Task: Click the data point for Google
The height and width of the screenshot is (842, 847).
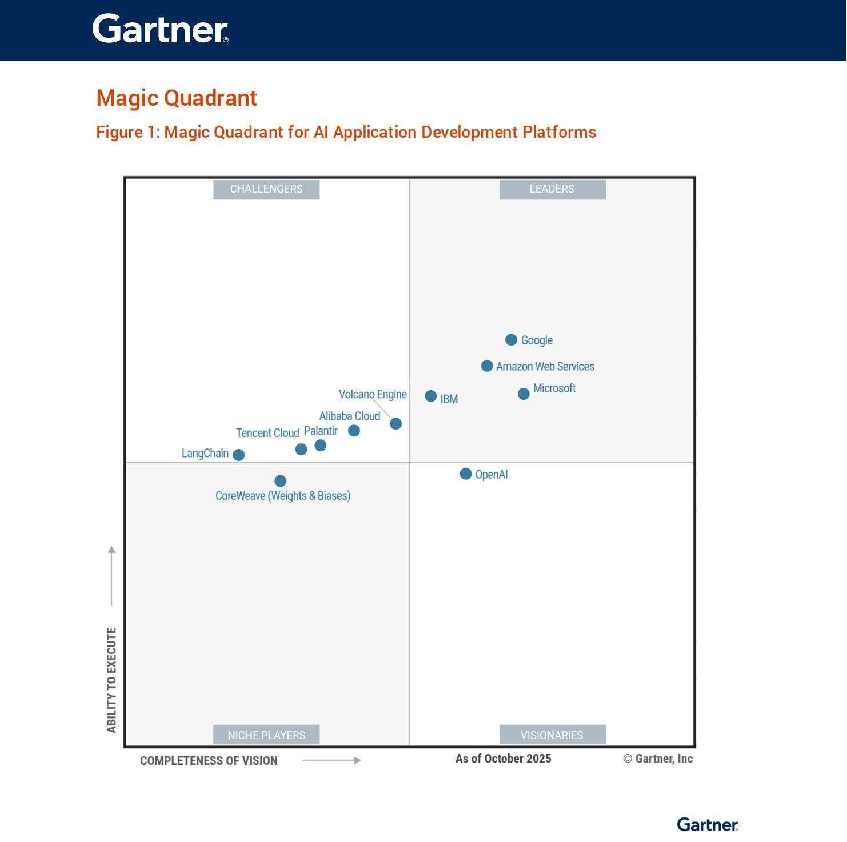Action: [511, 340]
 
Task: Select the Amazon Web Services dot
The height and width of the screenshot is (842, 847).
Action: [486, 366]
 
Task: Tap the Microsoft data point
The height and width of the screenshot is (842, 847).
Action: [523, 394]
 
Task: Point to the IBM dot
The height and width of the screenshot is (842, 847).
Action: [430, 396]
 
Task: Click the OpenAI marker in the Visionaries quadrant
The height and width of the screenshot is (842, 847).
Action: [465, 474]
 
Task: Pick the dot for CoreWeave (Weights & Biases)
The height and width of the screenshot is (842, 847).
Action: [280, 480]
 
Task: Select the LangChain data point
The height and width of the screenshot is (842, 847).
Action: [239, 455]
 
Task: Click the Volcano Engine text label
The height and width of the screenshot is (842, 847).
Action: [373, 394]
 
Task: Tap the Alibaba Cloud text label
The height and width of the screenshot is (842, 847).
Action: [349, 416]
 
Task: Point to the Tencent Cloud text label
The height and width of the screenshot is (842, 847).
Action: [267, 433]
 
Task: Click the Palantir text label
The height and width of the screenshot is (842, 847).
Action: [321, 431]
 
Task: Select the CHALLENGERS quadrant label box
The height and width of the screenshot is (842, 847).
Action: [266, 189]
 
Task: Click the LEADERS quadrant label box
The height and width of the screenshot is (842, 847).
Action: [552, 189]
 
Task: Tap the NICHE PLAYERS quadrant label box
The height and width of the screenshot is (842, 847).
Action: [266, 735]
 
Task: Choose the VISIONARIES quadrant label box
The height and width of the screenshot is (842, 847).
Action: [552, 735]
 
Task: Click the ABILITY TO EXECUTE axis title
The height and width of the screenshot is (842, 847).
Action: [111, 680]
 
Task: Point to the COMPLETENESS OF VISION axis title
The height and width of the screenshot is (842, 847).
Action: [209, 761]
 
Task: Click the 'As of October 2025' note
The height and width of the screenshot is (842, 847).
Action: [503, 759]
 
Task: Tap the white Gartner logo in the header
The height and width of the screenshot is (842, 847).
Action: [160, 29]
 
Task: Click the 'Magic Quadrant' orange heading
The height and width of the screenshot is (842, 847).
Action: [177, 98]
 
